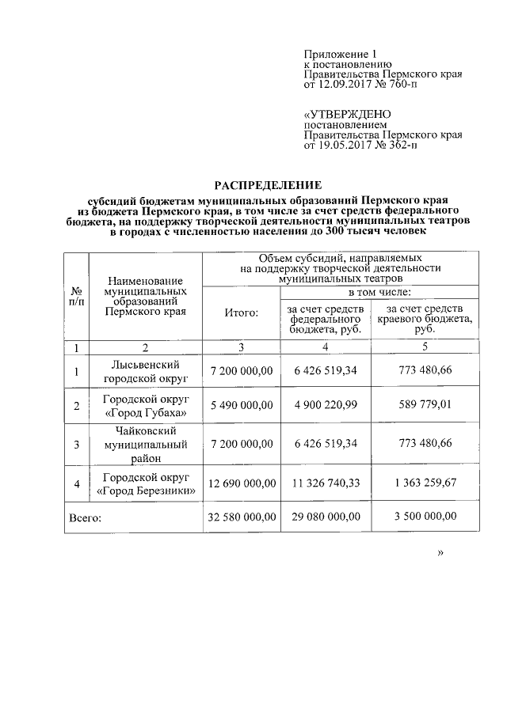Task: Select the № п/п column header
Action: coord(76,298)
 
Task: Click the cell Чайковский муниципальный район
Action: coord(145,444)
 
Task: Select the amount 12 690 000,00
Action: coord(242,483)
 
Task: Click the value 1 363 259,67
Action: coord(425,483)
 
